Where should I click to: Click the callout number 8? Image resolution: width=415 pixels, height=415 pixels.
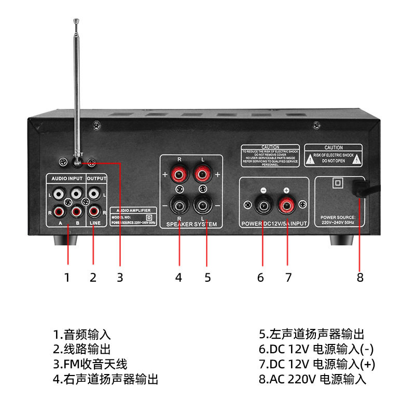click(361, 278)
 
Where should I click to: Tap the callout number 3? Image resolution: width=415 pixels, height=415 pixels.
click(120, 278)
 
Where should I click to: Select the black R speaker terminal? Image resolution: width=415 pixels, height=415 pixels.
click(179, 204)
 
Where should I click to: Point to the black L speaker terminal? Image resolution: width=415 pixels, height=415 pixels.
click(203, 204)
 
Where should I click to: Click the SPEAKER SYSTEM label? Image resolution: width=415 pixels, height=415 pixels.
click(191, 225)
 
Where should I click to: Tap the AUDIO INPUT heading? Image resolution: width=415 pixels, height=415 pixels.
click(66, 178)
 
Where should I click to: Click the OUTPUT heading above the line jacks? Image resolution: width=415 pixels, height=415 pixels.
click(96, 178)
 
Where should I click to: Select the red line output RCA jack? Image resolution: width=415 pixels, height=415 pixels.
click(94, 211)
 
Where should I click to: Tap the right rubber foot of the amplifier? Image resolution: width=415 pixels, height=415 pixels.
click(342, 240)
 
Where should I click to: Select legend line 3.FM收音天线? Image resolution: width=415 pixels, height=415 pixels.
click(90, 364)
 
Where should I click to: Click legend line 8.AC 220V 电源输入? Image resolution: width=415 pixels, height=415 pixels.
click(313, 379)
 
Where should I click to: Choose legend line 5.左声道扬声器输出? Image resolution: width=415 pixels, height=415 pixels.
click(312, 335)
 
